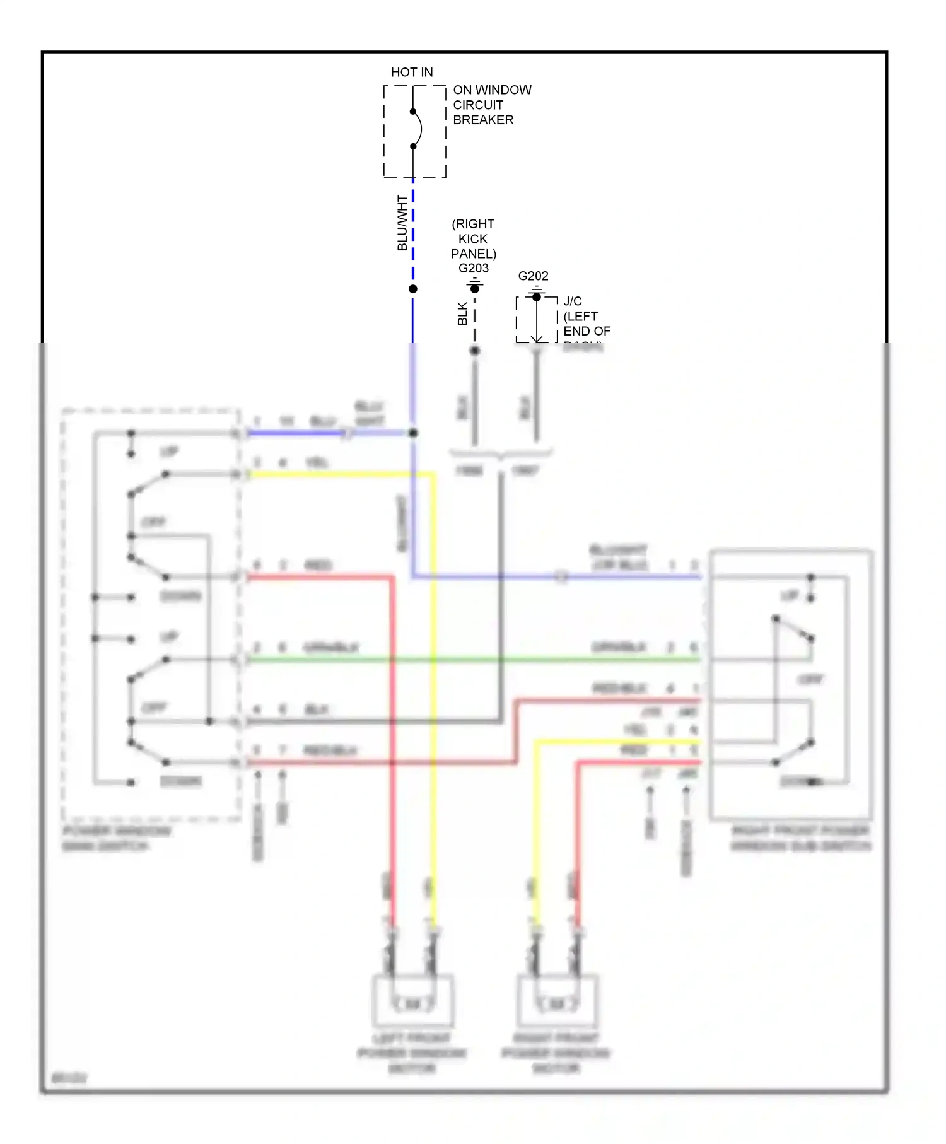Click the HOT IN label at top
point(412,72)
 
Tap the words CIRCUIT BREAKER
point(483,112)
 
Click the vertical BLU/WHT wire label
point(402,223)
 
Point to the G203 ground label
point(474,268)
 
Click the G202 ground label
point(533,276)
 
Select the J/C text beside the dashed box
point(573,301)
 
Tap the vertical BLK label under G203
point(462,313)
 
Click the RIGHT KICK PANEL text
point(474,239)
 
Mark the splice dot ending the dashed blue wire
point(413,289)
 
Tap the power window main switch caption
point(117,838)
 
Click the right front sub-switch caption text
point(800,838)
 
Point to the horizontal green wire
point(473,660)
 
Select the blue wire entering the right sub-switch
point(631,576)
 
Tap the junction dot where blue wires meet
point(413,433)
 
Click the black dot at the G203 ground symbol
point(475,289)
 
